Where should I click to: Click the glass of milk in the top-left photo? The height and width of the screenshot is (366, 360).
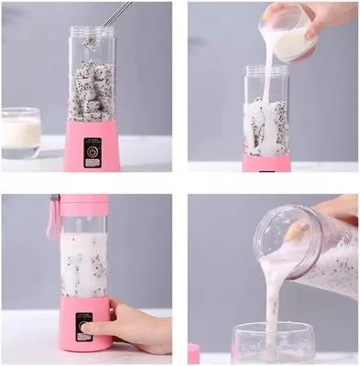(x=20, y=133)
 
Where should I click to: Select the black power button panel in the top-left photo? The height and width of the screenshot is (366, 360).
(x=92, y=152)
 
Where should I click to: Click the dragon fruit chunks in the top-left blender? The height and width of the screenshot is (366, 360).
(x=92, y=91)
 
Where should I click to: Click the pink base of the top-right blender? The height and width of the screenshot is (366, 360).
(x=266, y=164)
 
